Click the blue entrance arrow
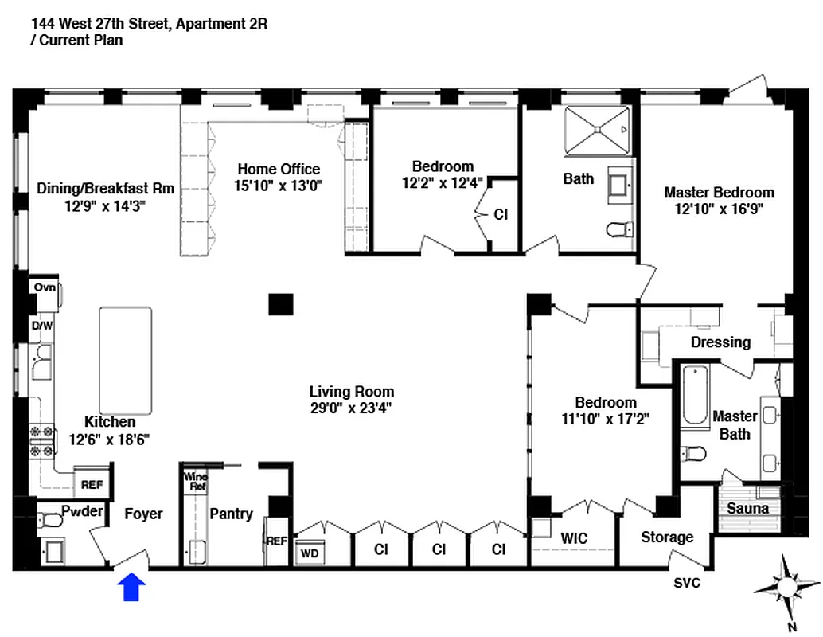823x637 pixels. pos(131,587)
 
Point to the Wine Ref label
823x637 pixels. pos(195,482)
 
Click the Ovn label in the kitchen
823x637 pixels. pos(45,287)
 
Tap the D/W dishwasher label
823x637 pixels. pos(41,326)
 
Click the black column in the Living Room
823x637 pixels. pos(280,303)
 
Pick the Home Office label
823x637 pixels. pos(279,169)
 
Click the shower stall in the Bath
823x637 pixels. pos(597,129)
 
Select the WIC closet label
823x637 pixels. pos(574,538)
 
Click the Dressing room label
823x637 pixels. pos(720,342)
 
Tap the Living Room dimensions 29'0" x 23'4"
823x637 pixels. pos(352,408)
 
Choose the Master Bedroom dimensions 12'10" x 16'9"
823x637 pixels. pos(719,209)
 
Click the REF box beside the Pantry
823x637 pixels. pos(276,541)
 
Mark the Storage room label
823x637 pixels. pos(667,537)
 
